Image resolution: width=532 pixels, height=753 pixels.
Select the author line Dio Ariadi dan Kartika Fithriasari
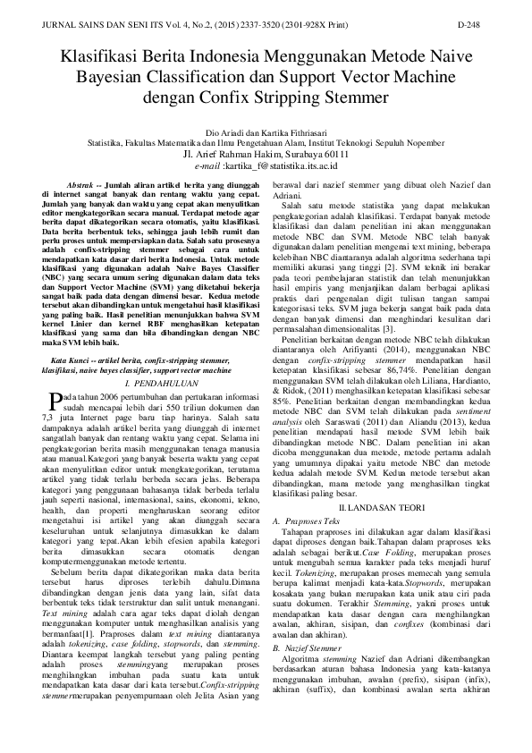(266, 132)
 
